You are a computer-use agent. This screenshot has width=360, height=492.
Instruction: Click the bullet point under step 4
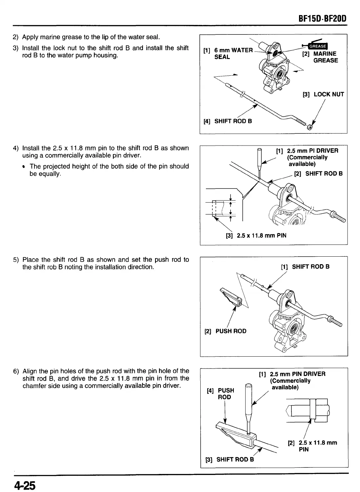pyautogui.click(x=25, y=167)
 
